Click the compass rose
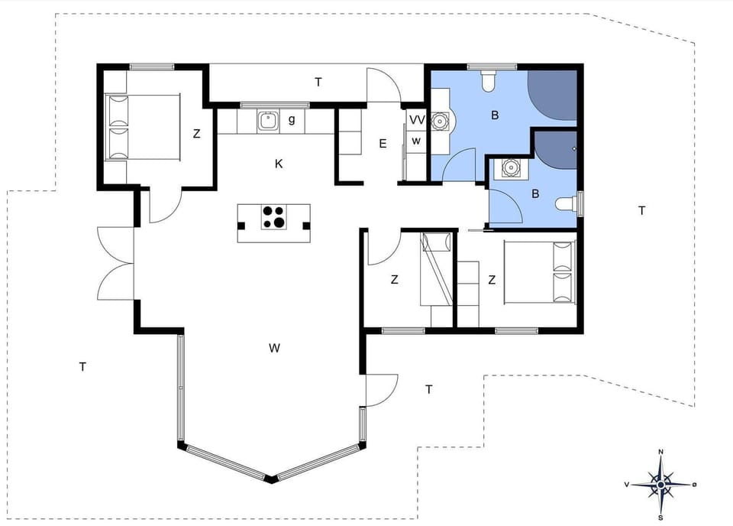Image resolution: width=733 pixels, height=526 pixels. pos(660,484)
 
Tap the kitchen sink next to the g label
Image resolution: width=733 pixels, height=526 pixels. pos(268,120)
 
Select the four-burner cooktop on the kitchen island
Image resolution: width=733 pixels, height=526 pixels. pos(274,217)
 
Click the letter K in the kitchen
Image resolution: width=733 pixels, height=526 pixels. pos(279,164)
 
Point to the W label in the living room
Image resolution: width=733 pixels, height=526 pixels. pos(275,349)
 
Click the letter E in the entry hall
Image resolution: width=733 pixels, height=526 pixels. pos(383,143)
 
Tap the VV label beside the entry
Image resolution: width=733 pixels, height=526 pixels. pos(416,120)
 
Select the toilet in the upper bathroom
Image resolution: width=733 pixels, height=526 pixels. pos(489,80)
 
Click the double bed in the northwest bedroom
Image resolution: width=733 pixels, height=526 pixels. pos(142,128)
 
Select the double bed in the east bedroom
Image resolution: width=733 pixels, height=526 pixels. pos(539,272)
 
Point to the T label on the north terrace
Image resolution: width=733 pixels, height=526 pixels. pos(318,82)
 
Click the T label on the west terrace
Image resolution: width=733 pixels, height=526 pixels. pos(82,367)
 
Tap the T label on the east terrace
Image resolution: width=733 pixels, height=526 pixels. pos(642,210)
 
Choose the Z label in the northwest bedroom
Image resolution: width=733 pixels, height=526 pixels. pos(196,134)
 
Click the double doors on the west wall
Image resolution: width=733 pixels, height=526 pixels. pos(115,265)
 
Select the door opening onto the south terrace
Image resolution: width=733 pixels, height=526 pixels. pos(382,390)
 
